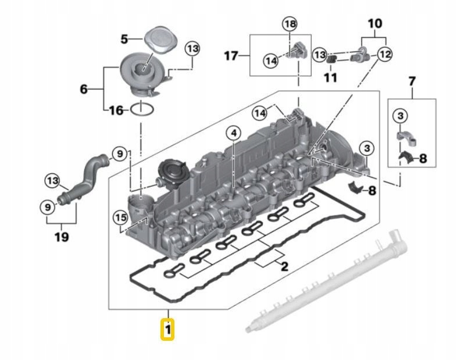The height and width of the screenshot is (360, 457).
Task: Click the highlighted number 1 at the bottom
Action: (168, 330)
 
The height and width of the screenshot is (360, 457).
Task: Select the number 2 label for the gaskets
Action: (284, 266)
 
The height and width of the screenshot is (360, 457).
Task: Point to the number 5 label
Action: (124, 39)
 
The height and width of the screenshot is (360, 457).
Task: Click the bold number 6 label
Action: (84, 89)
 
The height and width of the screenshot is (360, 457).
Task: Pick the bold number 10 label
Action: (375, 24)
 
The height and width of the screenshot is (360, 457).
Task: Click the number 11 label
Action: (330, 76)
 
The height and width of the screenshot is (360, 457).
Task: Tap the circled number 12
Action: (384, 55)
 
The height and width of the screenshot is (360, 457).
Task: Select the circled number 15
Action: (120, 218)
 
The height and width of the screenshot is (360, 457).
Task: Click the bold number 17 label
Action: (232, 56)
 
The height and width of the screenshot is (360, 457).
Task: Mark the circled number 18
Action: (290, 24)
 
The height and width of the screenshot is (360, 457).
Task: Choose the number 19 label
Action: (61, 237)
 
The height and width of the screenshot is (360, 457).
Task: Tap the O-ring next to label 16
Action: (142, 109)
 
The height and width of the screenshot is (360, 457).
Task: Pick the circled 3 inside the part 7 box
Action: (400, 116)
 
